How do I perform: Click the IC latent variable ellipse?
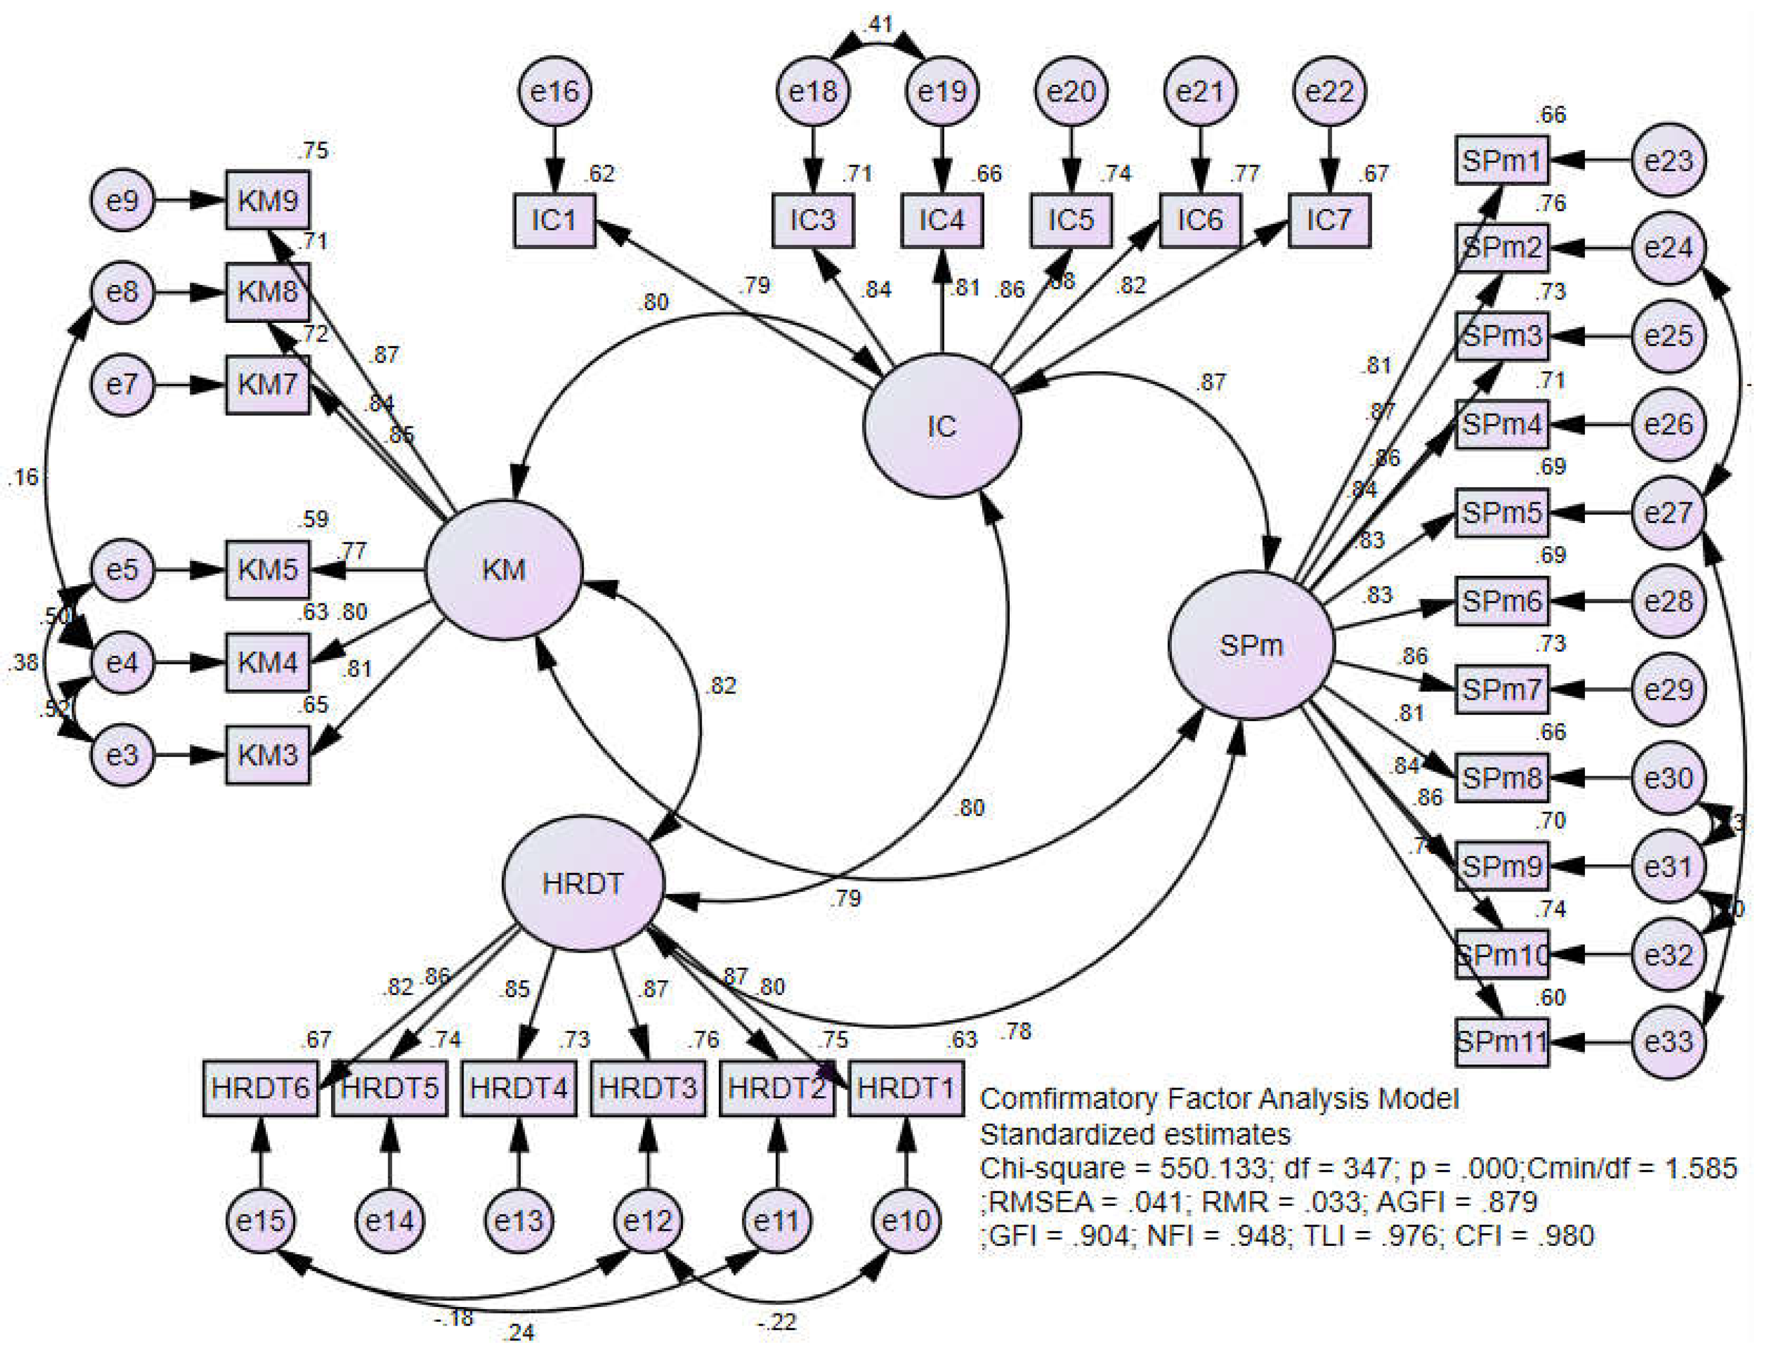[x=942, y=426]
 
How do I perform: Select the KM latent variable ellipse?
[x=503, y=569]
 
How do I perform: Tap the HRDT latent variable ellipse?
[x=583, y=883]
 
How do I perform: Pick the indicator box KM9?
[x=267, y=200]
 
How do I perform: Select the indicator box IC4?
[x=942, y=219]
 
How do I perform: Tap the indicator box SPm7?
[x=1502, y=689]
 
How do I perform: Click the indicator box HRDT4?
[x=519, y=1088]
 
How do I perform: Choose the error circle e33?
[x=1669, y=1042]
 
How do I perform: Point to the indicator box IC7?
[x=1329, y=219]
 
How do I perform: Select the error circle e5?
[x=122, y=569]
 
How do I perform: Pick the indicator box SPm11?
[x=1502, y=1042]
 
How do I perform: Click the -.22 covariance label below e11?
[x=777, y=1322]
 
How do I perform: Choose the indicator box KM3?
[x=267, y=755]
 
